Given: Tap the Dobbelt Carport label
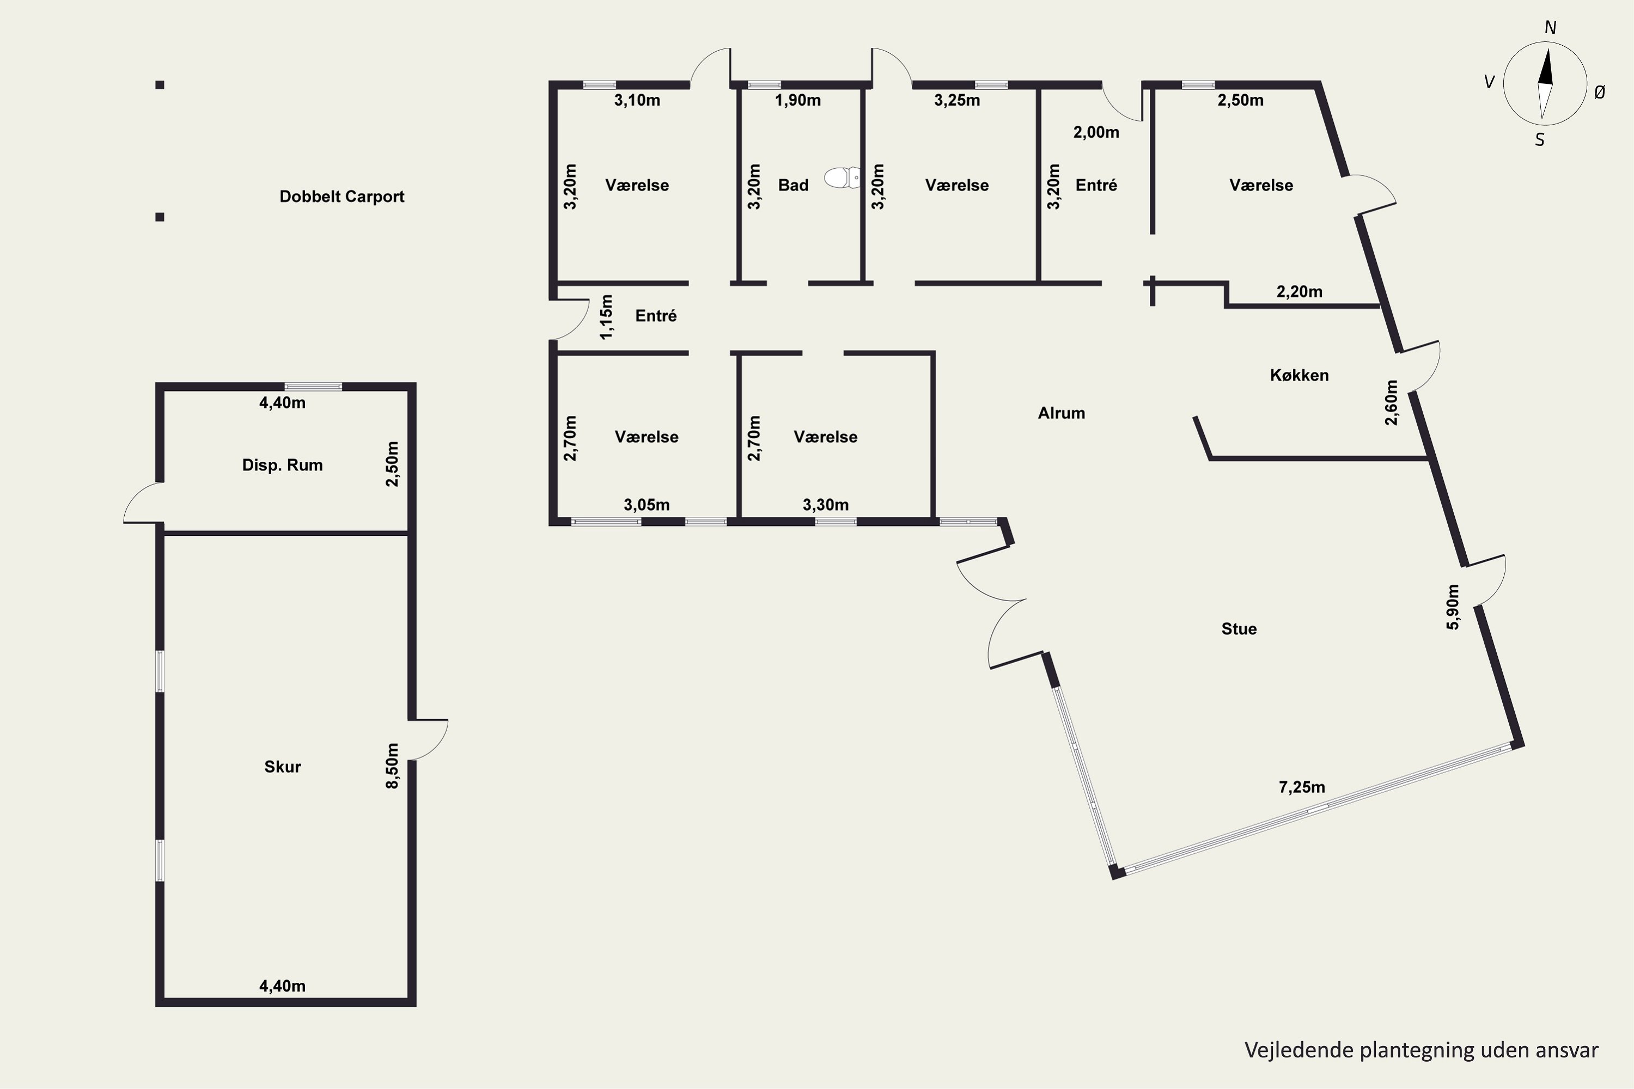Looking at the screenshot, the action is coord(342,197).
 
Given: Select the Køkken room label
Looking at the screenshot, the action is coord(1299,375).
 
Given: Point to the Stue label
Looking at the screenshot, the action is coord(1239,628).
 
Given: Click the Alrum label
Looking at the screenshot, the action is coord(1061,413).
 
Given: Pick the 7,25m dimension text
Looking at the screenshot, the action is coord(1301,787).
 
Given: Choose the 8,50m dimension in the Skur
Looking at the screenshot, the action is coord(393,766).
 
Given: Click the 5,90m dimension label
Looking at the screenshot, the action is coord(1453,607).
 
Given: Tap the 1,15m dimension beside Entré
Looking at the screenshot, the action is coord(607,317).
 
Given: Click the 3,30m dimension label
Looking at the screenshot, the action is coord(825,505).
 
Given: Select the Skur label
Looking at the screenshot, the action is coord(282,767).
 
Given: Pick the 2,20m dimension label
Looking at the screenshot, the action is coord(1299,292).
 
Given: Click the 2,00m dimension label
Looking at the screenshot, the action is coord(1096,132).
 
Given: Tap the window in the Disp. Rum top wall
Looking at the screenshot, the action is coord(313,387).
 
